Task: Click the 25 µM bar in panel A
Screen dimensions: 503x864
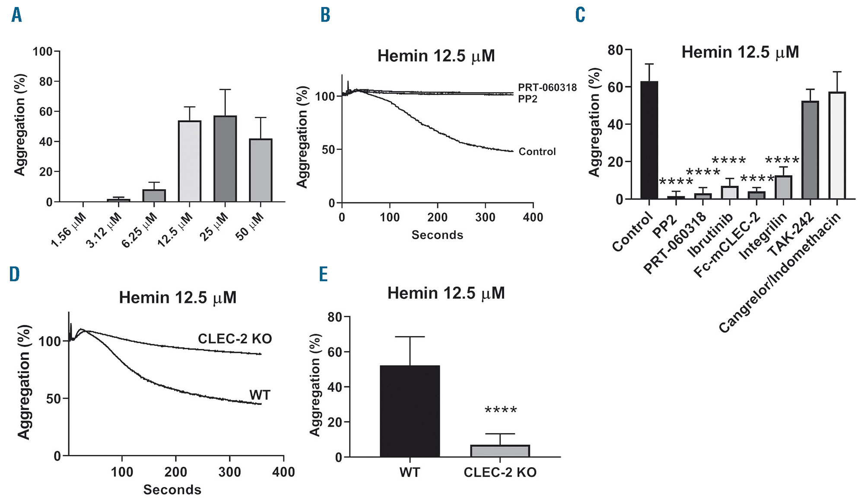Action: (x=225, y=159)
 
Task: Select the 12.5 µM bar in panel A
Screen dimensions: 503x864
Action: (x=190, y=161)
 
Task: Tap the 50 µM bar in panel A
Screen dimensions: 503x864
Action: (x=260, y=170)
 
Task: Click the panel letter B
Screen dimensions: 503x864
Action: (x=325, y=16)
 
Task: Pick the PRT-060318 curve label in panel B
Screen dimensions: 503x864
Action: (x=547, y=88)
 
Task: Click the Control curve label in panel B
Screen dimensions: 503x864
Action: (x=537, y=152)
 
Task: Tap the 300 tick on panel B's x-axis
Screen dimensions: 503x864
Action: (x=485, y=217)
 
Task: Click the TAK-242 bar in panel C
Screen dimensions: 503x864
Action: (x=810, y=150)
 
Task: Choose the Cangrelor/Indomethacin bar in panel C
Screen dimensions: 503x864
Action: (x=837, y=146)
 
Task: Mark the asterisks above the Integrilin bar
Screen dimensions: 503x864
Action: (x=782, y=161)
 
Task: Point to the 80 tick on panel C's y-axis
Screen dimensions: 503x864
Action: (x=615, y=50)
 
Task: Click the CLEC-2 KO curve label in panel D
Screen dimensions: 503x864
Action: (x=235, y=339)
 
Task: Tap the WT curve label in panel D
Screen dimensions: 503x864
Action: (x=260, y=395)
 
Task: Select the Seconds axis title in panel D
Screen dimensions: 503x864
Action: (x=172, y=490)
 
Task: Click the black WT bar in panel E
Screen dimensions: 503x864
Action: (x=410, y=411)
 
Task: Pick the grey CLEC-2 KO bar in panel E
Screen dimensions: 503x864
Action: (x=500, y=451)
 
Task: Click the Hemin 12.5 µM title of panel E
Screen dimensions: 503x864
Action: (x=446, y=293)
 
